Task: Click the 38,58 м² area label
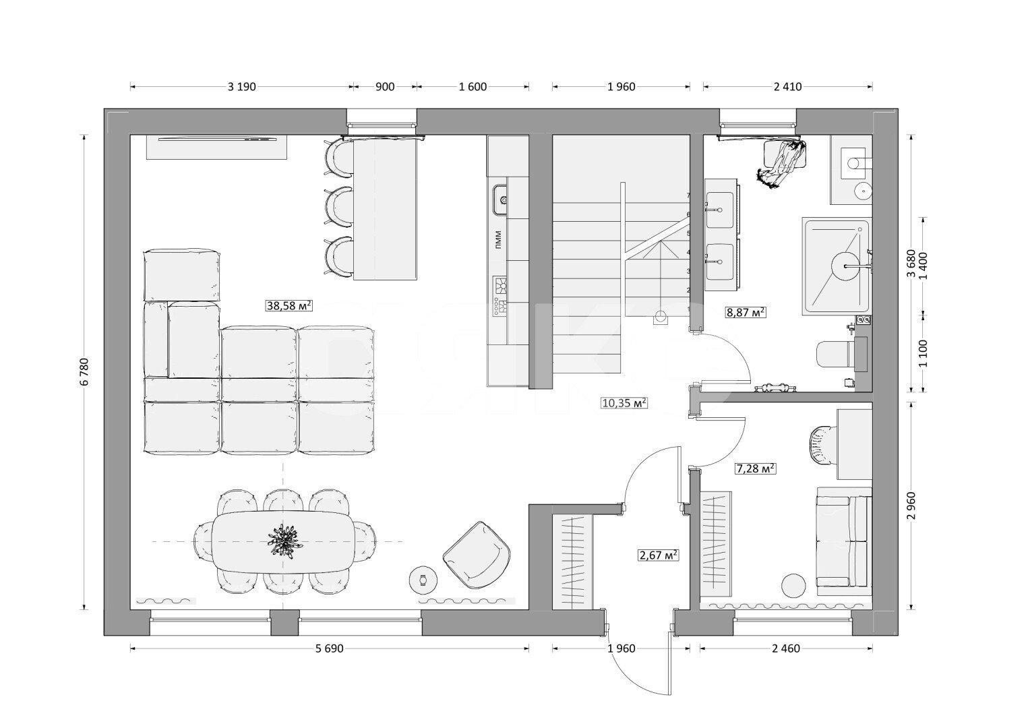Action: click(289, 305)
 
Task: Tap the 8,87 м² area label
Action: click(746, 313)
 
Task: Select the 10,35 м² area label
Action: click(624, 403)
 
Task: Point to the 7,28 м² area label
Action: click(756, 469)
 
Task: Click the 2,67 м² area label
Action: click(659, 555)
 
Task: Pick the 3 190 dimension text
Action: click(242, 87)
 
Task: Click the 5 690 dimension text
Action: click(330, 649)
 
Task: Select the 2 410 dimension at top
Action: click(788, 87)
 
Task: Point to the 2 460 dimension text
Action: click(786, 649)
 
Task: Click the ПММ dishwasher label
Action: click(499, 240)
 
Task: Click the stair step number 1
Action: click(689, 309)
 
